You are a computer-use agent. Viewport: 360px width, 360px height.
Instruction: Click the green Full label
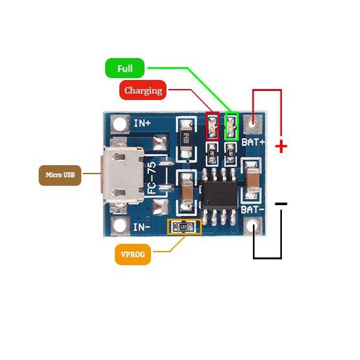[125, 68]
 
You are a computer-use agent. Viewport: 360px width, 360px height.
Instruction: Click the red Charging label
[143, 90]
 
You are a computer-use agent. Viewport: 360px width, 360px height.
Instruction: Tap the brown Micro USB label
[59, 175]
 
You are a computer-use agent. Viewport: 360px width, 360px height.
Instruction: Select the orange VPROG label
[134, 255]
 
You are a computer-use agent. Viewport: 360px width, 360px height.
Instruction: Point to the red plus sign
[281, 146]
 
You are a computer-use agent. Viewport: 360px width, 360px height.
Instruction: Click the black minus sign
[281, 204]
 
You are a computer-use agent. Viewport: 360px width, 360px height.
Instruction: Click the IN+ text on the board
[142, 122]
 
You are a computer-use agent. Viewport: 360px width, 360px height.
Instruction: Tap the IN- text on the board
[142, 228]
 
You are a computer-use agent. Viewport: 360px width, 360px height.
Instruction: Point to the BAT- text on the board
[252, 209]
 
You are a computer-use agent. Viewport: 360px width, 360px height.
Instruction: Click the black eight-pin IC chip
[221, 192]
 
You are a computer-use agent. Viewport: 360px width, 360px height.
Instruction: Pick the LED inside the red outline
[212, 125]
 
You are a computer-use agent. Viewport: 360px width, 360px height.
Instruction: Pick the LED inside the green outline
[232, 125]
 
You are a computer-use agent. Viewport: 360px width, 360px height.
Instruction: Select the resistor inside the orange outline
[184, 226]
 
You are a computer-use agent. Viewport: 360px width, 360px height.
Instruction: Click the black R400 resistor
[185, 139]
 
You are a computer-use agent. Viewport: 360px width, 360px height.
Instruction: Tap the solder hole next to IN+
[119, 123]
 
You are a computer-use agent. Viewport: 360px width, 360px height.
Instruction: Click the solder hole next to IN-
[119, 226]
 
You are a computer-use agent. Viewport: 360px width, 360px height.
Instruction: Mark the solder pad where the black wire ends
[255, 226]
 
